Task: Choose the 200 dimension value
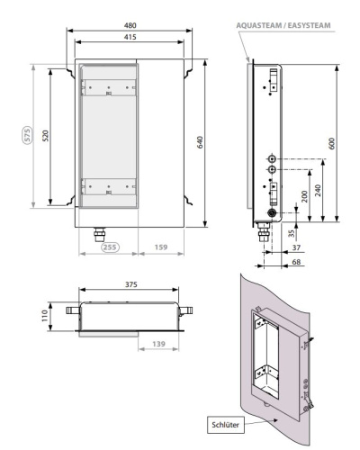tap(304, 195)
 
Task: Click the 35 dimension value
tap(291, 232)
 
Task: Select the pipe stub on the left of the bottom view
tap(72, 310)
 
